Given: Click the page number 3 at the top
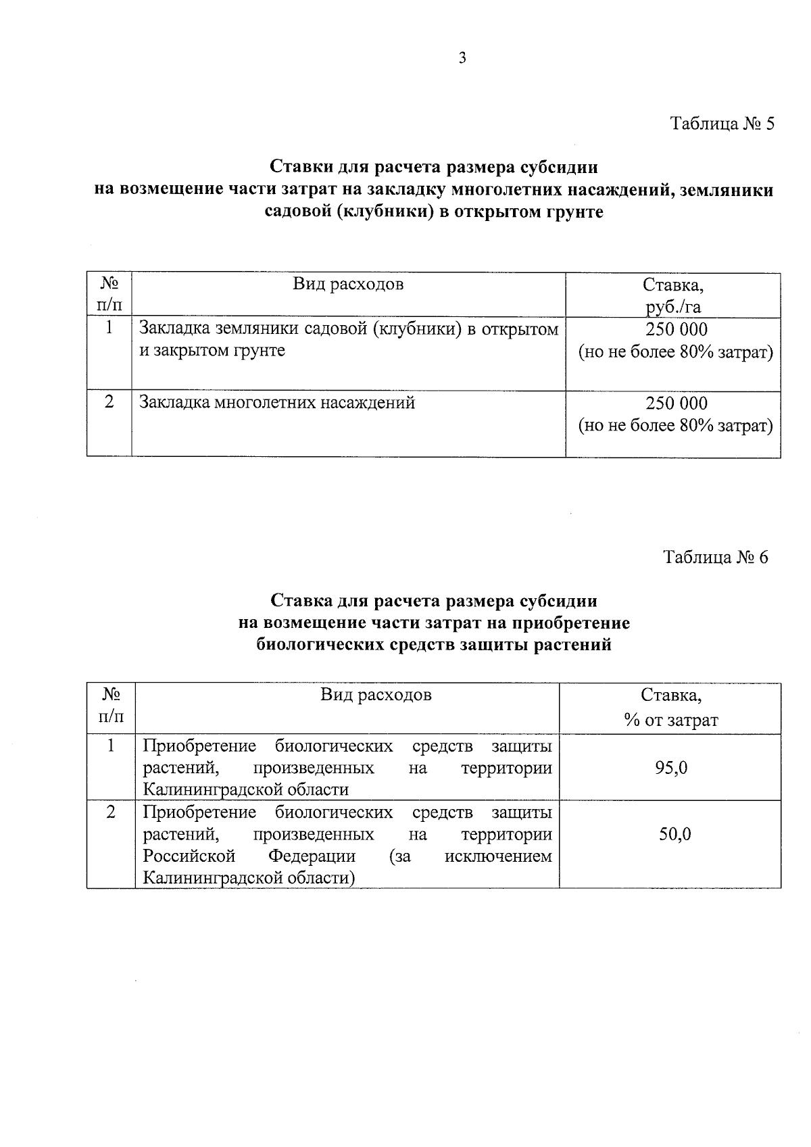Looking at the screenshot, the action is [x=462, y=59].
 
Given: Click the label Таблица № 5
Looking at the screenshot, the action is [x=721, y=124].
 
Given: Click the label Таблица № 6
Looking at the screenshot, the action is [x=716, y=558].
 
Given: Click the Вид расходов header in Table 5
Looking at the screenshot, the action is [x=348, y=284].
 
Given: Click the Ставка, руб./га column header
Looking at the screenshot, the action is [x=673, y=295].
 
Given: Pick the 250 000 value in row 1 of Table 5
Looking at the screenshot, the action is [x=676, y=330].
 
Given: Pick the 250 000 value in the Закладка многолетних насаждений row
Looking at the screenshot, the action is [x=676, y=404].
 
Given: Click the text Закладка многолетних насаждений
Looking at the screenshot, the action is [x=277, y=404].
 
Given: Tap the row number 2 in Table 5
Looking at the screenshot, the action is [x=109, y=402].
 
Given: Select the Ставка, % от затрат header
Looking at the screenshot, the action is [x=670, y=708].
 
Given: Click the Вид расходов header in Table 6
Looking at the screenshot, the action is [x=376, y=695].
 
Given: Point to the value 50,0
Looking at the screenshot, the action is [x=675, y=834].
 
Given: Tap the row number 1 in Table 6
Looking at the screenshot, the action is [x=111, y=746].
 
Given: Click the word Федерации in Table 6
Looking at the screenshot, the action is [x=312, y=856].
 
